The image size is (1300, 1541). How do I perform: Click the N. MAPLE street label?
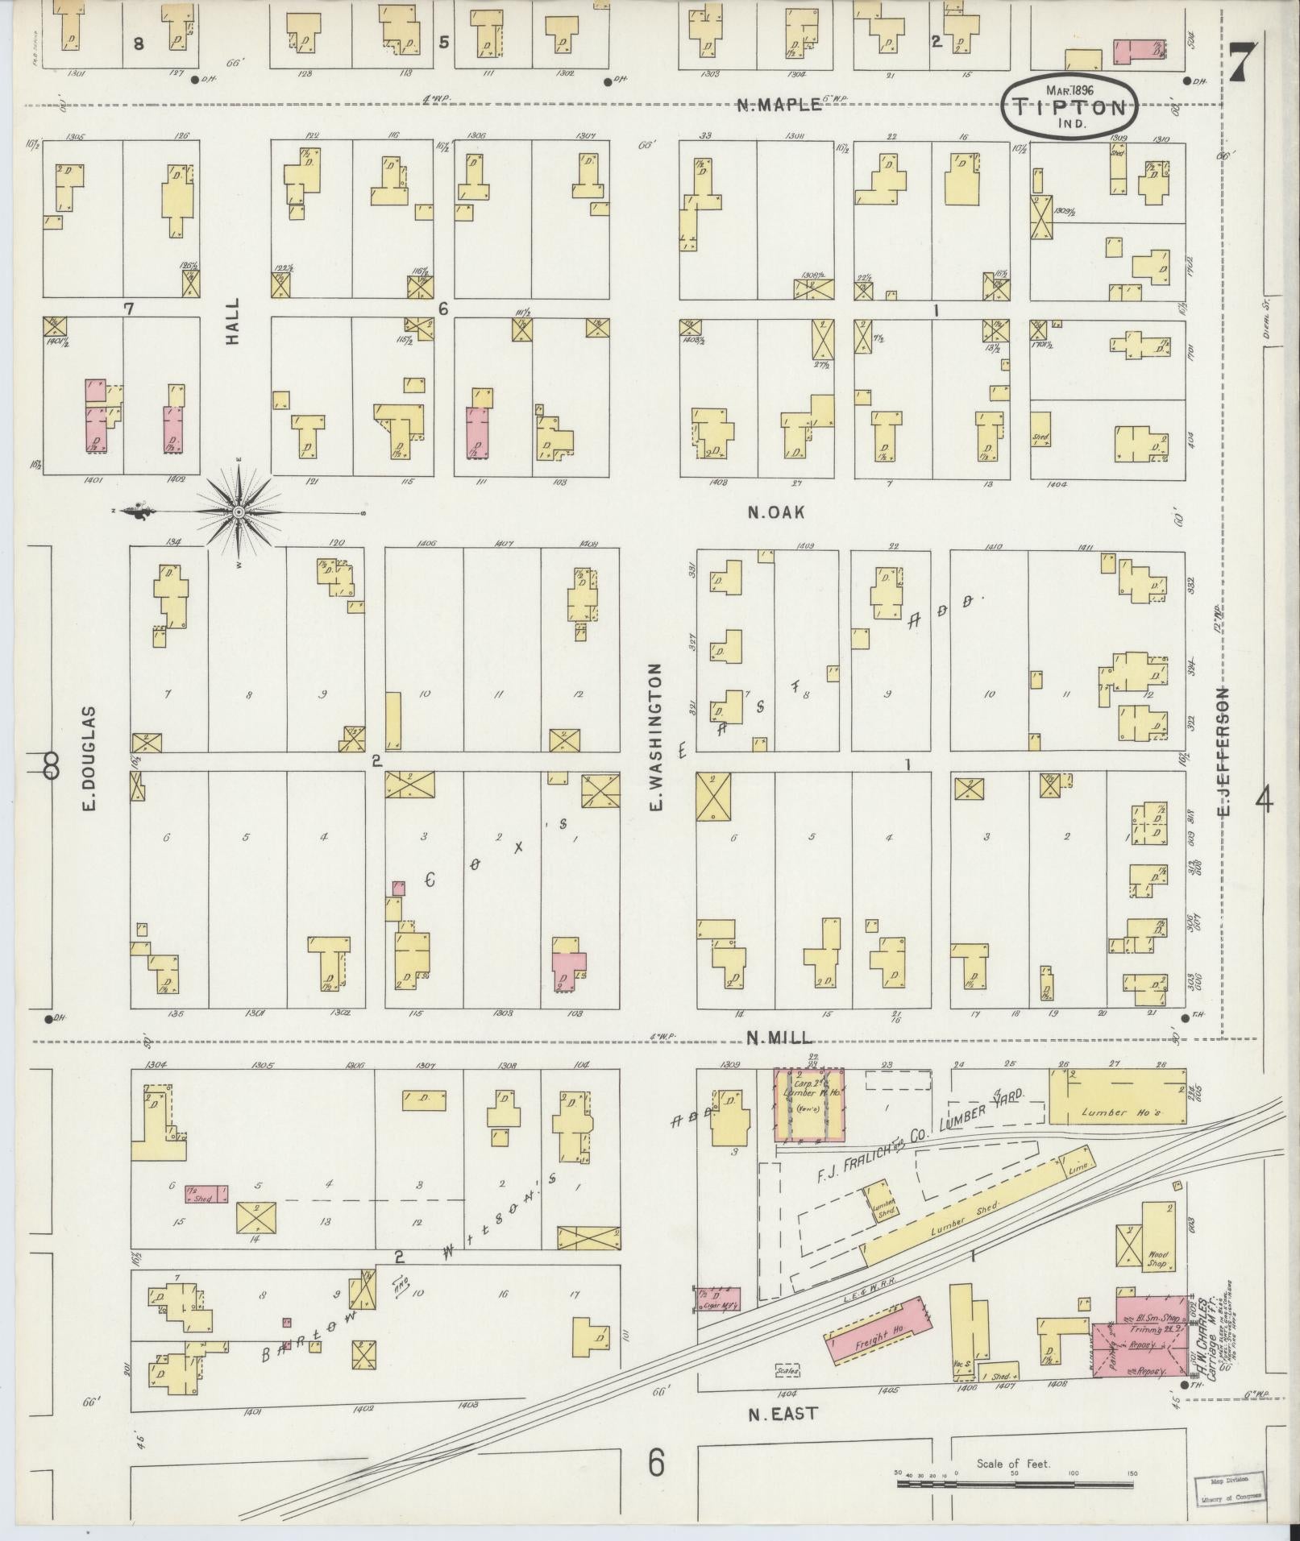[x=779, y=104]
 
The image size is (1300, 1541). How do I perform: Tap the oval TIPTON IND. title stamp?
[x=1069, y=107]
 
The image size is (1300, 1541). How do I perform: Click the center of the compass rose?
[x=239, y=512]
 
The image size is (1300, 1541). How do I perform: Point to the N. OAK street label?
[x=775, y=512]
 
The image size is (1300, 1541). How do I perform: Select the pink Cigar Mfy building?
[x=719, y=1298]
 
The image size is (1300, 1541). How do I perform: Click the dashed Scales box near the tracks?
[x=787, y=1368]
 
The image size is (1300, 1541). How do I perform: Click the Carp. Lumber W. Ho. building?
[x=809, y=1105]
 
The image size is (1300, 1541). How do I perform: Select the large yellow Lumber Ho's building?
[x=1117, y=1096]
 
